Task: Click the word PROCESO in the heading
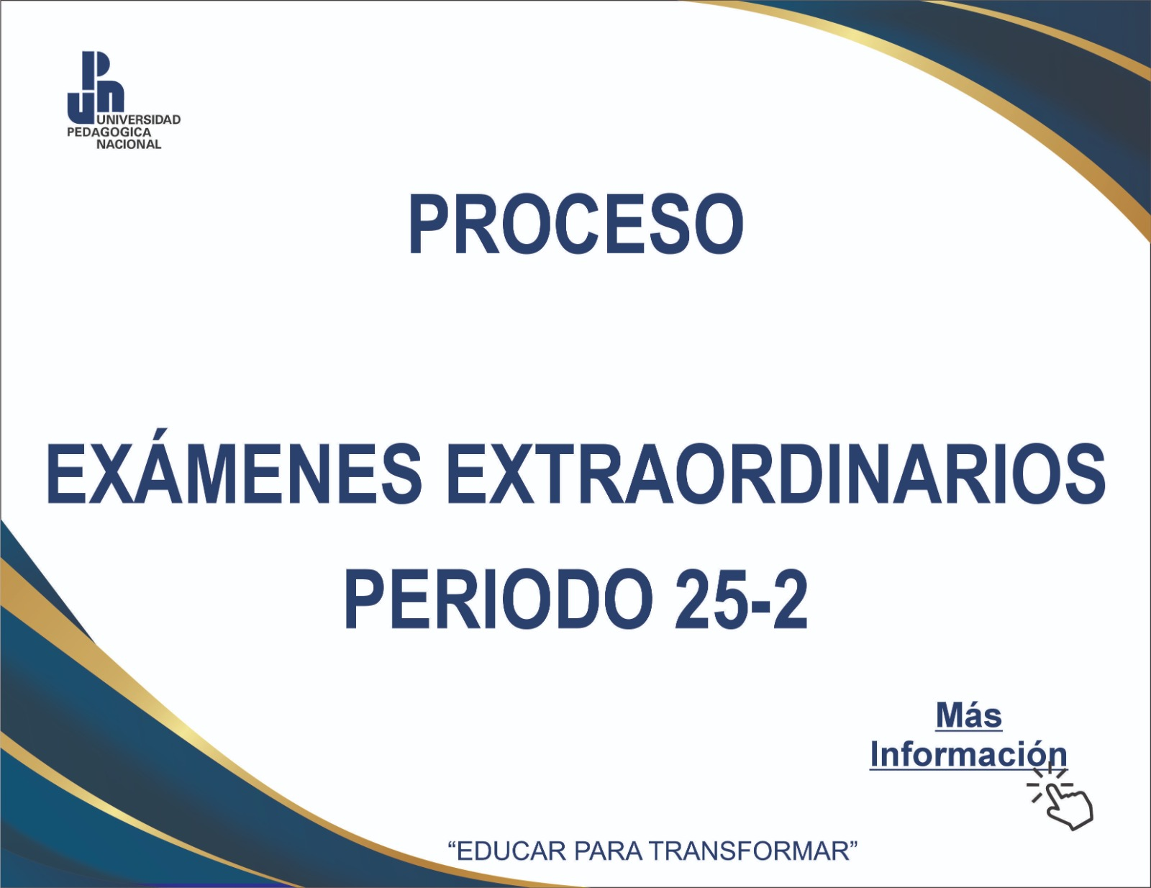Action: [575, 225]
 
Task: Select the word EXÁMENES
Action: [234, 474]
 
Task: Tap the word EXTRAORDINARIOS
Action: [775, 474]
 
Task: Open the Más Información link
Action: [968, 735]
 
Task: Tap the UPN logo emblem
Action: [96, 86]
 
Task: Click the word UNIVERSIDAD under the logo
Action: [138, 119]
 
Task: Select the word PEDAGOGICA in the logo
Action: [109, 132]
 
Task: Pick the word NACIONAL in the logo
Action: [129, 145]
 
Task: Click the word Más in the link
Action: [969, 716]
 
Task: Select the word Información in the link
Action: [968, 754]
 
